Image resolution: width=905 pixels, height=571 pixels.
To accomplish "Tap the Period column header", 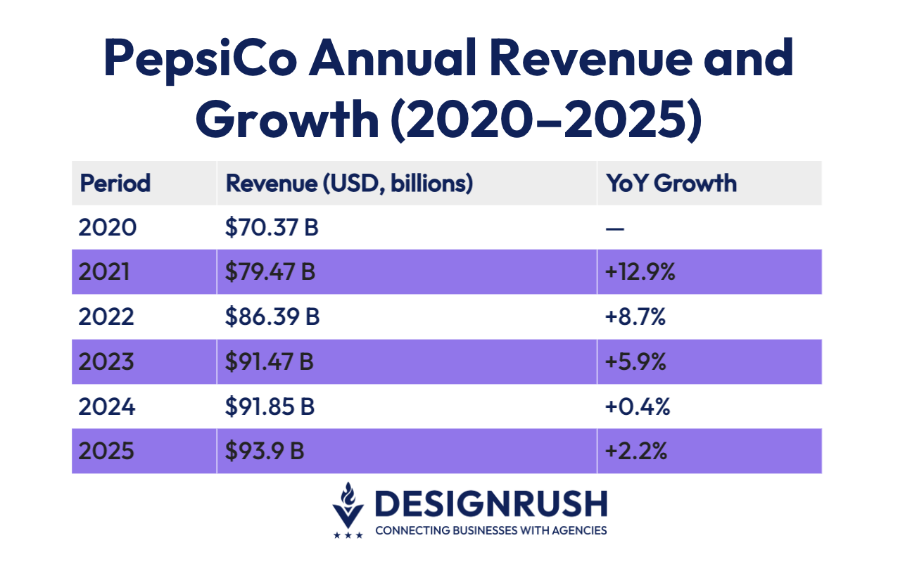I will [115, 183].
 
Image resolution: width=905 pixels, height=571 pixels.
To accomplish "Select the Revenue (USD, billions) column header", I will [349, 183].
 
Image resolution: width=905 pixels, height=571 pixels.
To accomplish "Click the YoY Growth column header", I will [671, 183].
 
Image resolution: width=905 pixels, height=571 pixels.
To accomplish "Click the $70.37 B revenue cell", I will [272, 228].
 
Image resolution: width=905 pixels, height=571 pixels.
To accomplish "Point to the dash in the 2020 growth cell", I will [614, 229].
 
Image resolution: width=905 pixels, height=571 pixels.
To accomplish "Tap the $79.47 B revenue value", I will [270, 272].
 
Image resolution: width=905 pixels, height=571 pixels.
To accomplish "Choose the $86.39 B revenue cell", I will [272, 317].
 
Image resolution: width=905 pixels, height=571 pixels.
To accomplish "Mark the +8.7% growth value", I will [635, 317].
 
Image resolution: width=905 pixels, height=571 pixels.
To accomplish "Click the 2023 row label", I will [106, 362].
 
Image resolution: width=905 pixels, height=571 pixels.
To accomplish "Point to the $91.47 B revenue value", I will [270, 362].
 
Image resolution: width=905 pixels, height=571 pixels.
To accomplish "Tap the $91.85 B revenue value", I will [270, 407].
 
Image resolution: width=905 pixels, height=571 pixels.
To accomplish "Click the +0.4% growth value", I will [636, 407].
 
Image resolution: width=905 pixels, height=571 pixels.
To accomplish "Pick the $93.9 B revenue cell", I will [265, 451].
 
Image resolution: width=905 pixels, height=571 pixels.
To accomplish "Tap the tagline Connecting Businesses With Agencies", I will [491, 530].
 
